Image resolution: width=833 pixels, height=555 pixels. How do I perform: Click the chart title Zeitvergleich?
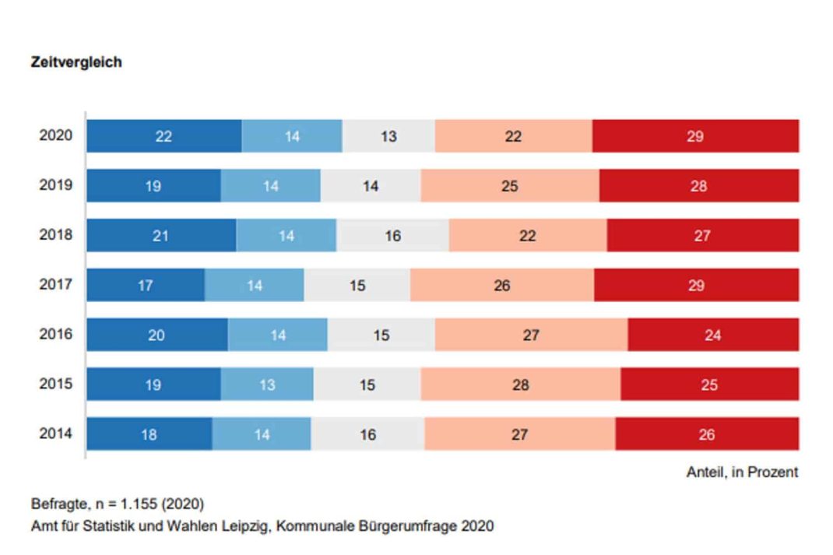76,62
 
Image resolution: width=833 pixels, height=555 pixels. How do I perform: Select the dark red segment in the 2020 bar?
695,136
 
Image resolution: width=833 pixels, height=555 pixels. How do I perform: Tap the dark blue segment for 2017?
146,286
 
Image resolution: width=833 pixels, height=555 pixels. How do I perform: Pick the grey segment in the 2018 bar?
392,236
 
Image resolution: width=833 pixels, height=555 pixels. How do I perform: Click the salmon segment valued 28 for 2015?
520,385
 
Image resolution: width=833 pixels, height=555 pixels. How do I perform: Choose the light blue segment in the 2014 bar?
262,434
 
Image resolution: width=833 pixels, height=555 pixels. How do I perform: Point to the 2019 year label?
56,185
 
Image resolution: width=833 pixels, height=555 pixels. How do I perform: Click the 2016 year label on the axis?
56,334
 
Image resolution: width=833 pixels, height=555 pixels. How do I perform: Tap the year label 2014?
56,434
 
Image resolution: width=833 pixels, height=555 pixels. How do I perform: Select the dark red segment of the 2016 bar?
713,335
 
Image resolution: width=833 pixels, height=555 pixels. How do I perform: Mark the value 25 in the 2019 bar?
510,186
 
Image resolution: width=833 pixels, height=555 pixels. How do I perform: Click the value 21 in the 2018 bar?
160,236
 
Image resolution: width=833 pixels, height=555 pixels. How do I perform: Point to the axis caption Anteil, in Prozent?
742,472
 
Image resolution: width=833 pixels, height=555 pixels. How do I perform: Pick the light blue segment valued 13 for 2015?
267,385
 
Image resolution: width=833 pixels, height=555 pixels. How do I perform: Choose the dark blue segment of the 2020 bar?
163,136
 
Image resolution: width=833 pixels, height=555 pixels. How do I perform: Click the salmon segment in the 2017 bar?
502,286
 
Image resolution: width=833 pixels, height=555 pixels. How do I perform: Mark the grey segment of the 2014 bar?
368,434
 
